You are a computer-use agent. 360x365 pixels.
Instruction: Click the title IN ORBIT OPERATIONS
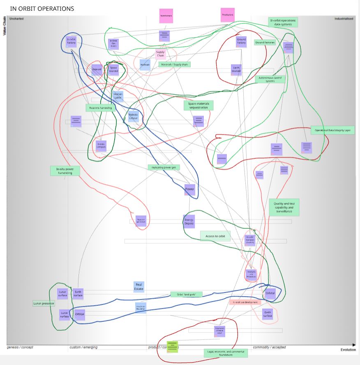point(42,8)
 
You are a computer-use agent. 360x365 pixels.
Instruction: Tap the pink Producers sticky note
point(228,15)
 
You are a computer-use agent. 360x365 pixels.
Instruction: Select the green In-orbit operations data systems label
point(283,22)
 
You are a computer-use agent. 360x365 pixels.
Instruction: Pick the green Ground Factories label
point(265,42)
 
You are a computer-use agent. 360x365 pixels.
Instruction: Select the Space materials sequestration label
point(198,105)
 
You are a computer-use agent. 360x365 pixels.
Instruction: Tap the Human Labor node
point(118,96)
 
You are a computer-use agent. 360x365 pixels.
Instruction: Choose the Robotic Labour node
point(134,116)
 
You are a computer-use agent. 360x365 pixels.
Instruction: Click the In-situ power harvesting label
point(65,171)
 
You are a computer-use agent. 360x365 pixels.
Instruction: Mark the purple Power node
point(189,189)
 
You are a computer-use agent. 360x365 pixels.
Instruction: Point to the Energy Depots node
point(189,221)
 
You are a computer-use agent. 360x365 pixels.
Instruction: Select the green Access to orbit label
point(215,236)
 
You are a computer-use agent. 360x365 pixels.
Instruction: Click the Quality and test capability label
point(284,207)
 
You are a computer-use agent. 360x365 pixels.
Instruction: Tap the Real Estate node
point(139,286)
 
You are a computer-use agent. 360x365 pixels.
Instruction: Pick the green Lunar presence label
point(44,303)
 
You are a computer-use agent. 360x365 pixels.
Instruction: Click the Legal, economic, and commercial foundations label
point(226,353)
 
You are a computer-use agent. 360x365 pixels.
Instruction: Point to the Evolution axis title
point(348,350)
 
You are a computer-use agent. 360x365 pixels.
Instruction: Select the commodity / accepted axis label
point(269,347)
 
